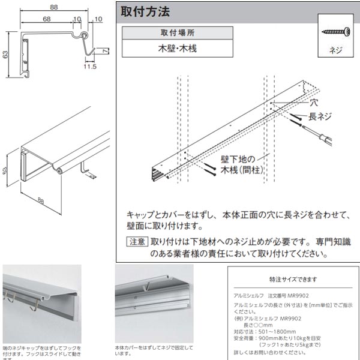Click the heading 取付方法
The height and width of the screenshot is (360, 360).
[145, 11]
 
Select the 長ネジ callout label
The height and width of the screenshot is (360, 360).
[320, 116]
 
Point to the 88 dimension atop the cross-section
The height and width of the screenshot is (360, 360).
[54, 7]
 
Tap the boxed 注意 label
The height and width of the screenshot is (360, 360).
[136, 242]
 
